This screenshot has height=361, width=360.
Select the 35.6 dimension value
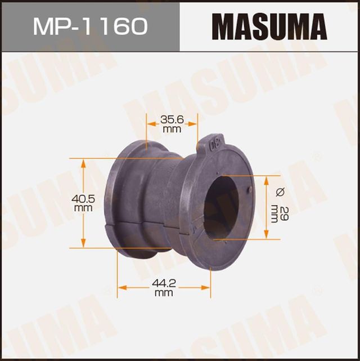point(172,119)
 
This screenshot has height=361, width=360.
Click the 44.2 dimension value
point(163,285)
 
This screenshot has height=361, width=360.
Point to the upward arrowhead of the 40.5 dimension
point(84,162)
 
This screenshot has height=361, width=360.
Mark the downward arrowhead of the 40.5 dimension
point(84,244)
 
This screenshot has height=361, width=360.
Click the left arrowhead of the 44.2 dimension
point(120,288)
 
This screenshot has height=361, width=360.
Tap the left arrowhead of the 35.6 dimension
point(150,123)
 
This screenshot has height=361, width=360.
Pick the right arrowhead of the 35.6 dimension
point(195,123)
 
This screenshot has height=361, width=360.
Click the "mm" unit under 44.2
point(163,293)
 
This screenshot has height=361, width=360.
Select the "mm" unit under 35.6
point(172,128)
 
